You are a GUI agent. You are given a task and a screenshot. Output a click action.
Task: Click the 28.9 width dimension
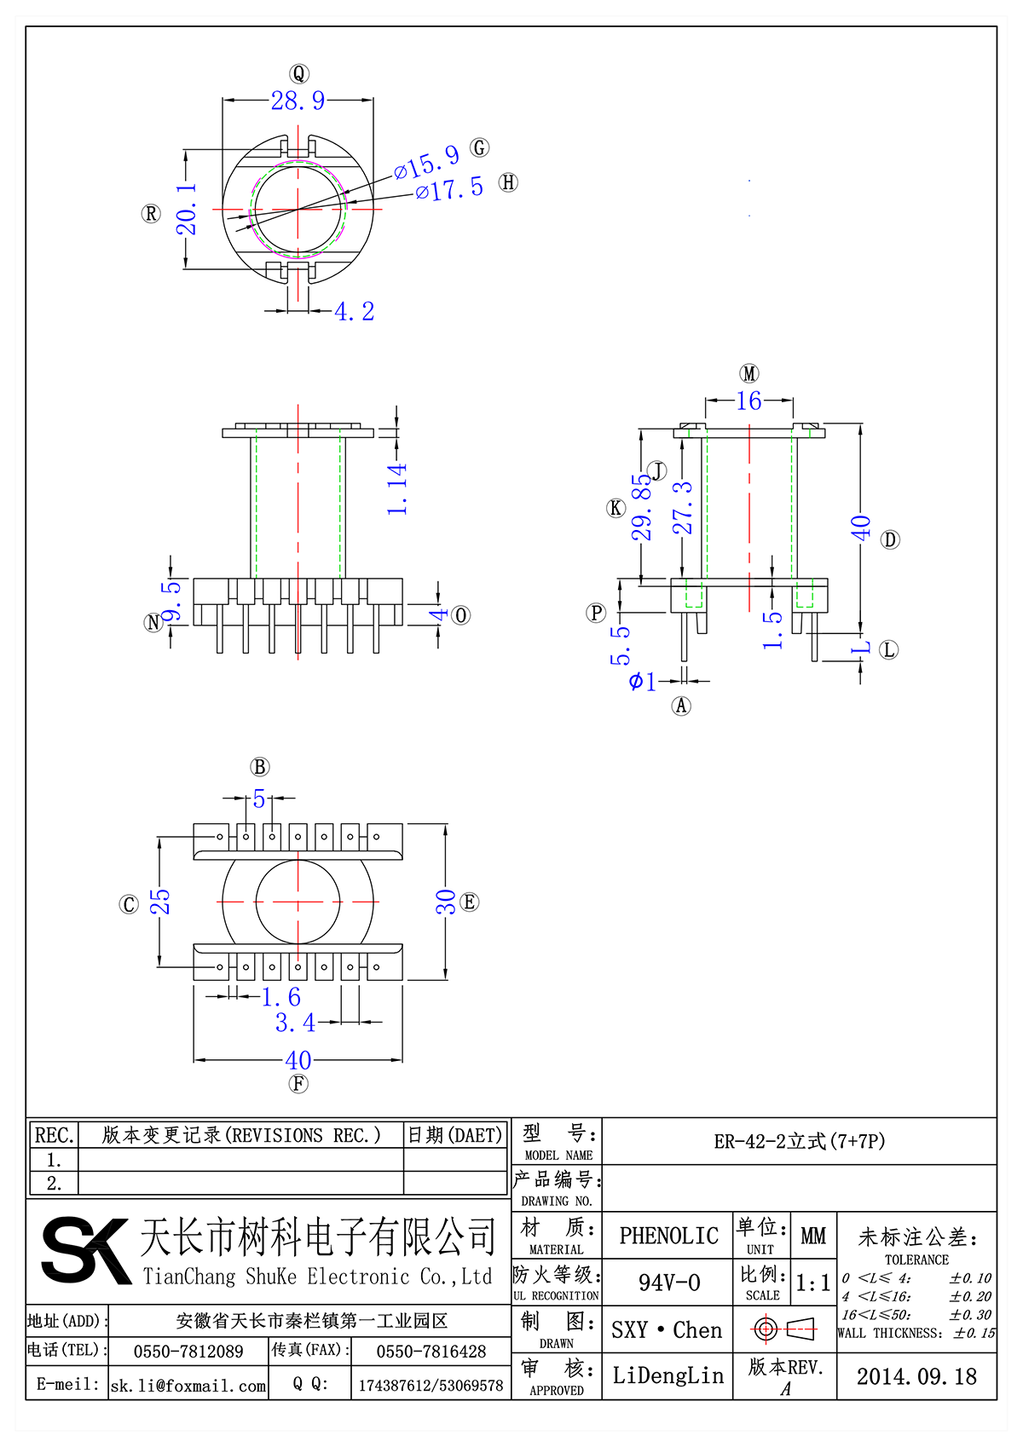(298, 101)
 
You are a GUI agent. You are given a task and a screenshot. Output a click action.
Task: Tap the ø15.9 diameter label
(426, 161)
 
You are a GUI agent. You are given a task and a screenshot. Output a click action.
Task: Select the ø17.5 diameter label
(449, 189)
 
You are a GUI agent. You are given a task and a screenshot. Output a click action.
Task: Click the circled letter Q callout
(298, 73)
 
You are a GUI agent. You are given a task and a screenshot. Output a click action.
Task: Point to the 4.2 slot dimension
(354, 312)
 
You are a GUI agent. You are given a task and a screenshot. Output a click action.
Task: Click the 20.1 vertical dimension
(187, 209)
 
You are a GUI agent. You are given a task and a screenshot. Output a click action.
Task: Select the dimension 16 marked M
(748, 401)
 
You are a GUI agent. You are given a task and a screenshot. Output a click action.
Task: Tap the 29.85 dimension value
(641, 507)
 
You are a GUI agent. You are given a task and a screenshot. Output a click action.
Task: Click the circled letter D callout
(890, 539)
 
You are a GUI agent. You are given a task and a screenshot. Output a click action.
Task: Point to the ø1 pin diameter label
(643, 681)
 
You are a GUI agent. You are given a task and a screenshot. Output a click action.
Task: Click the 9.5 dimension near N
(172, 601)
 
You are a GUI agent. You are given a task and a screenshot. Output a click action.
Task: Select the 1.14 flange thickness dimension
(397, 489)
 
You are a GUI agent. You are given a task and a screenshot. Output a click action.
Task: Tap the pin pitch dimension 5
(258, 799)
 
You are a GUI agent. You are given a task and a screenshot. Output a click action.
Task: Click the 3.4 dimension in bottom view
(295, 1023)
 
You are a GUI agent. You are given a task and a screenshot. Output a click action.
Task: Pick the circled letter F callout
(298, 1084)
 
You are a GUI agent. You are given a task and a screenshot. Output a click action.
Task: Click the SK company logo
(85, 1249)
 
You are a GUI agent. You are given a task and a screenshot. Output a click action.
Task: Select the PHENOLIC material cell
(668, 1236)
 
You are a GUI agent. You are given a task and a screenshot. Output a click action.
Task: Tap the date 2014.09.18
(916, 1376)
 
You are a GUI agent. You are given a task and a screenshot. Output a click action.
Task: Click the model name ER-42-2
(799, 1141)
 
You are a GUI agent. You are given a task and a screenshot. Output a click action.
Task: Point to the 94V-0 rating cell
(668, 1283)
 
